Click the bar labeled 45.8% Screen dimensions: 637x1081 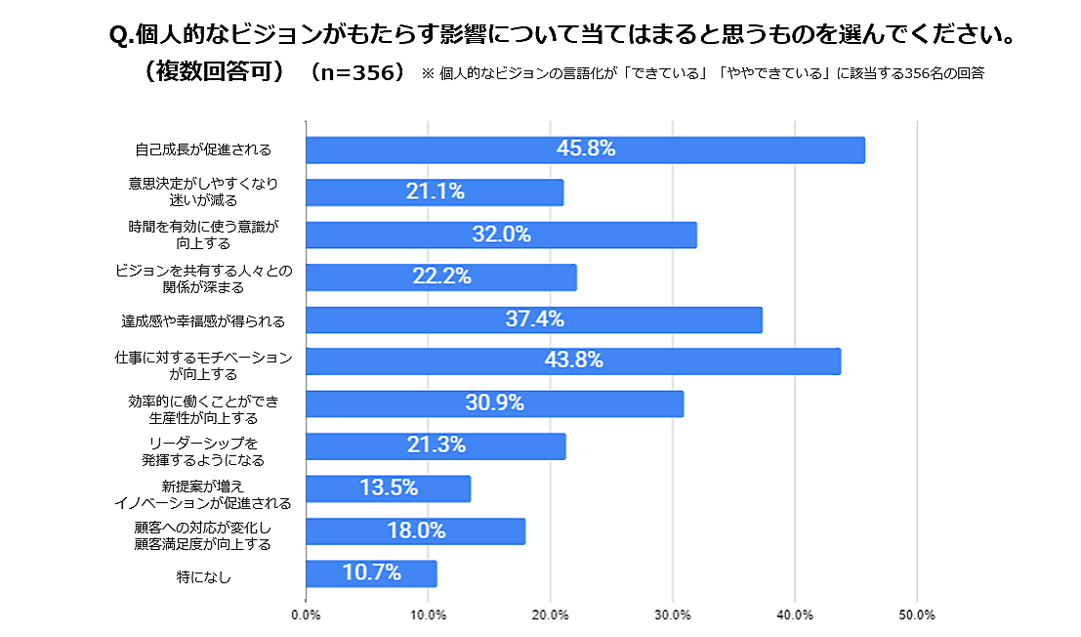pos(585,149)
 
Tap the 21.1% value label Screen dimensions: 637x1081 pos(435,192)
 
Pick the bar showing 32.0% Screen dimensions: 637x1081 pos(501,234)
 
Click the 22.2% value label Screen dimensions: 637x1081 pos(441,277)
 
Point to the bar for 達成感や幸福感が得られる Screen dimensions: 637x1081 pos(533,319)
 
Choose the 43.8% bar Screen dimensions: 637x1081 pos(573,361)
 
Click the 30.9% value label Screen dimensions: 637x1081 pos(494,403)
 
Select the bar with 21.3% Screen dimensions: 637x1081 pos(436,446)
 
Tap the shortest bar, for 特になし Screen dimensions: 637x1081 pos(371,573)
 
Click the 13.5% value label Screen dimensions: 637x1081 pos(389,488)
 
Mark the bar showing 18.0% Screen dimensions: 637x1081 pos(415,531)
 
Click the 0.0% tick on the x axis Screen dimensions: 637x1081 pos(306,616)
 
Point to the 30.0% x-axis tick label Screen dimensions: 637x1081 pos(673,616)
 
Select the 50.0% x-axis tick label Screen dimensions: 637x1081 pos(917,616)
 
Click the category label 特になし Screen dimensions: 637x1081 pos(204,576)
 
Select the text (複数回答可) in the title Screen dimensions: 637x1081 pos(212,73)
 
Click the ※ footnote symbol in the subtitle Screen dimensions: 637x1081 pos(427,74)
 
